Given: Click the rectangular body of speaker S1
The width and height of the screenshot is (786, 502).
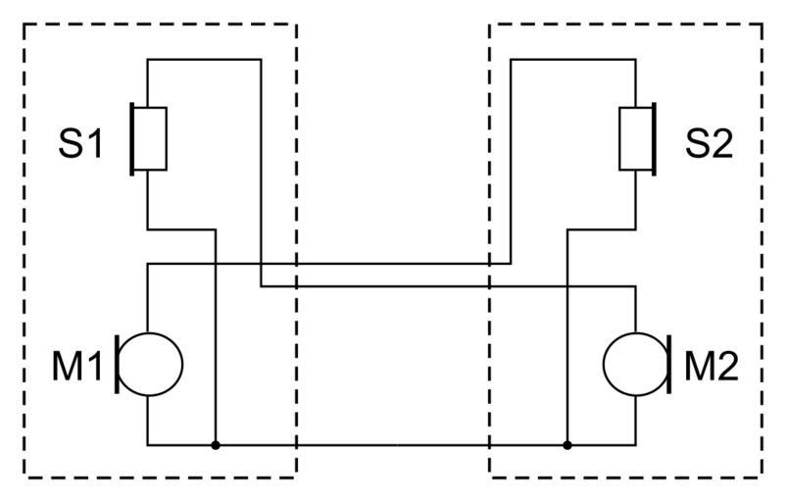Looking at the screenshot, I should [x=149, y=139].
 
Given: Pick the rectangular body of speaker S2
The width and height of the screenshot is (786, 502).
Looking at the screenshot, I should [x=636, y=139].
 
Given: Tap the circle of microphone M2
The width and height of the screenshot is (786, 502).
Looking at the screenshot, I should [x=633, y=364].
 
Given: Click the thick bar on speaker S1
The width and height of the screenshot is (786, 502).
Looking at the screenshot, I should [x=131, y=139].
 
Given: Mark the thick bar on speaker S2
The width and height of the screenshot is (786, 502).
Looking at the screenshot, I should [x=655, y=139].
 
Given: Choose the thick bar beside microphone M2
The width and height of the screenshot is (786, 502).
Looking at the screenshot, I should [x=668, y=364].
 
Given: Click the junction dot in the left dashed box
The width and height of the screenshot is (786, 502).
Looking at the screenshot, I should [x=215, y=445].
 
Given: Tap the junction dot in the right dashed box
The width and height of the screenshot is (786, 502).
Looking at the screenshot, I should [x=567, y=445].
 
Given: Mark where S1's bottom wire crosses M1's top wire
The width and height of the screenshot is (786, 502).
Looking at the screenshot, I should [x=215, y=264].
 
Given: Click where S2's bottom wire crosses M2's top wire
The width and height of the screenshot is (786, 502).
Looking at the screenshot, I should [x=567, y=286].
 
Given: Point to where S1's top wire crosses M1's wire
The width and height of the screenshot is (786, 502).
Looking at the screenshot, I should [x=261, y=264].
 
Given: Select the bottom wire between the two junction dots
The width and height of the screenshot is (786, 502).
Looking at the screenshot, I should [x=392, y=445].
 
